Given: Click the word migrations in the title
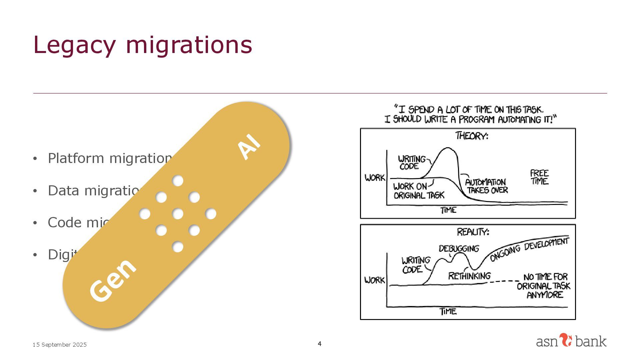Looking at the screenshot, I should tap(189, 45).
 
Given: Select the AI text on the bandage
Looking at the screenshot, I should tap(249, 146).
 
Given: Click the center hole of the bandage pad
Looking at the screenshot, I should tap(178, 214).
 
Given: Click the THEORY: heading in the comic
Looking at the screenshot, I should tap(471, 136).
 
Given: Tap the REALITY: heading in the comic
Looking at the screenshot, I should tap(473, 232).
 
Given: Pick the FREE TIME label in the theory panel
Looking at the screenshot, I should tap(539, 177).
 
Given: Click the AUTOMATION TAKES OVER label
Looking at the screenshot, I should tap(486, 186).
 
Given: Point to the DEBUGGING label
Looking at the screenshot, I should tap(459, 249).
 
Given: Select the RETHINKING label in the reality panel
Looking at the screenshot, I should tap(469, 276).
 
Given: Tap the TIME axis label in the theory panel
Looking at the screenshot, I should tap(448, 210).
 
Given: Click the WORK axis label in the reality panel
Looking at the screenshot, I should tap(375, 280).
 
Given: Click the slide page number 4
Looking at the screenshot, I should tap(320, 344).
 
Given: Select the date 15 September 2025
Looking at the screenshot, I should tap(59, 345).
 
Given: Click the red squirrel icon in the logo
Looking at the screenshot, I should tap(565, 340).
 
